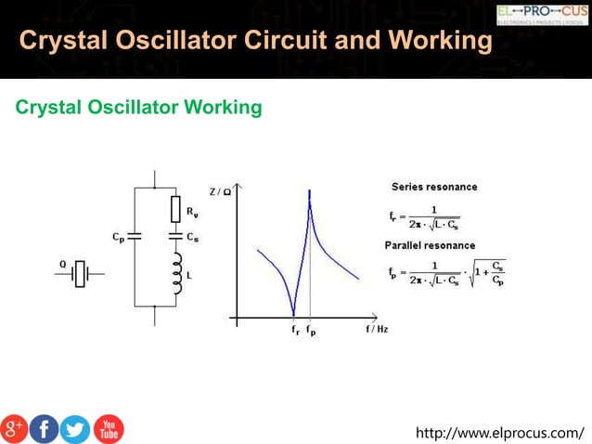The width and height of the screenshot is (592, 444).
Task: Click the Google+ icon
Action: (14, 428)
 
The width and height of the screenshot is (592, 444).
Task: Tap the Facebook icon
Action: (45, 428)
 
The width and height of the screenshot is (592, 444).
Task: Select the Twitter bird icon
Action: (75, 428)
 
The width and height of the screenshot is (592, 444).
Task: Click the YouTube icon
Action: (109, 428)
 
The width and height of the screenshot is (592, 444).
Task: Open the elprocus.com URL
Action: (500, 432)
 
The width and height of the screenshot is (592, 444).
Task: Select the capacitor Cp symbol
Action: (135, 237)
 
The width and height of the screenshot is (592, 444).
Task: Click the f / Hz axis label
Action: (376, 330)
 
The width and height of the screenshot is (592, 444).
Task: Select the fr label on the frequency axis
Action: (294, 330)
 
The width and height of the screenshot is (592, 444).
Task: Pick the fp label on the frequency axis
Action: (311, 330)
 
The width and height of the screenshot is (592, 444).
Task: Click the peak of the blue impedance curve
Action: (309, 191)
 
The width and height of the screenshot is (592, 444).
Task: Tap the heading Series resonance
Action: (434, 187)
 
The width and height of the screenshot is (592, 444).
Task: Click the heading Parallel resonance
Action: (430, 245)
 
